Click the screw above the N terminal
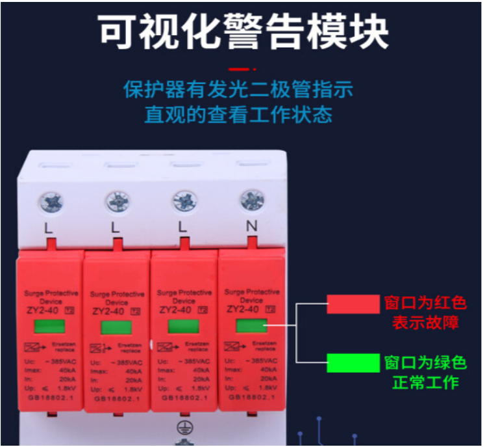[x=251, y=200]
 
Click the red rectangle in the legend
[x=352, y=303]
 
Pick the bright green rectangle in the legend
[x=353, y=362]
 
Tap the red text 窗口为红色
[x=425, y=303]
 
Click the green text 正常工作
[x=425, y=382]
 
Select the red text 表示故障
[x=425, y=323]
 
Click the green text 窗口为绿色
[x=425, y=362]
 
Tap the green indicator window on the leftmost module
[x=49, y=326]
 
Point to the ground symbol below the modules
[x=183, y=428]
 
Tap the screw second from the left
[x=118, y=202]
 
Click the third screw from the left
[x=184, y=201]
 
